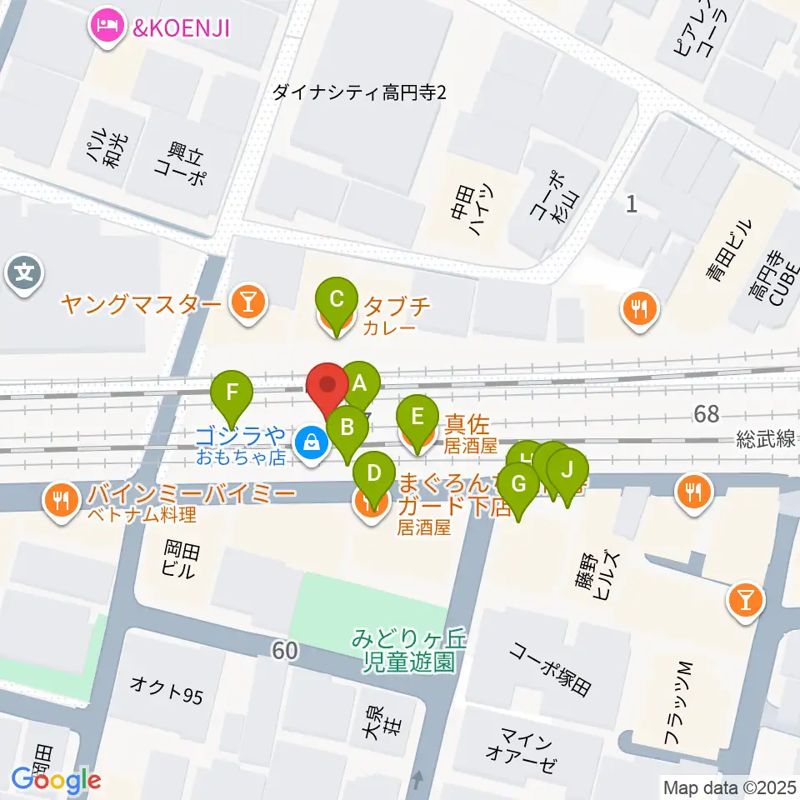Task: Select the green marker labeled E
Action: point(418,417)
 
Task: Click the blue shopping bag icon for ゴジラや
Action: point(311,442)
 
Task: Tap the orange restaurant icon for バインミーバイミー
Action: point(61,500)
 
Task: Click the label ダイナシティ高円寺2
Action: point(360,92)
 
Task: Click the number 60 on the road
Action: point(284,651)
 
